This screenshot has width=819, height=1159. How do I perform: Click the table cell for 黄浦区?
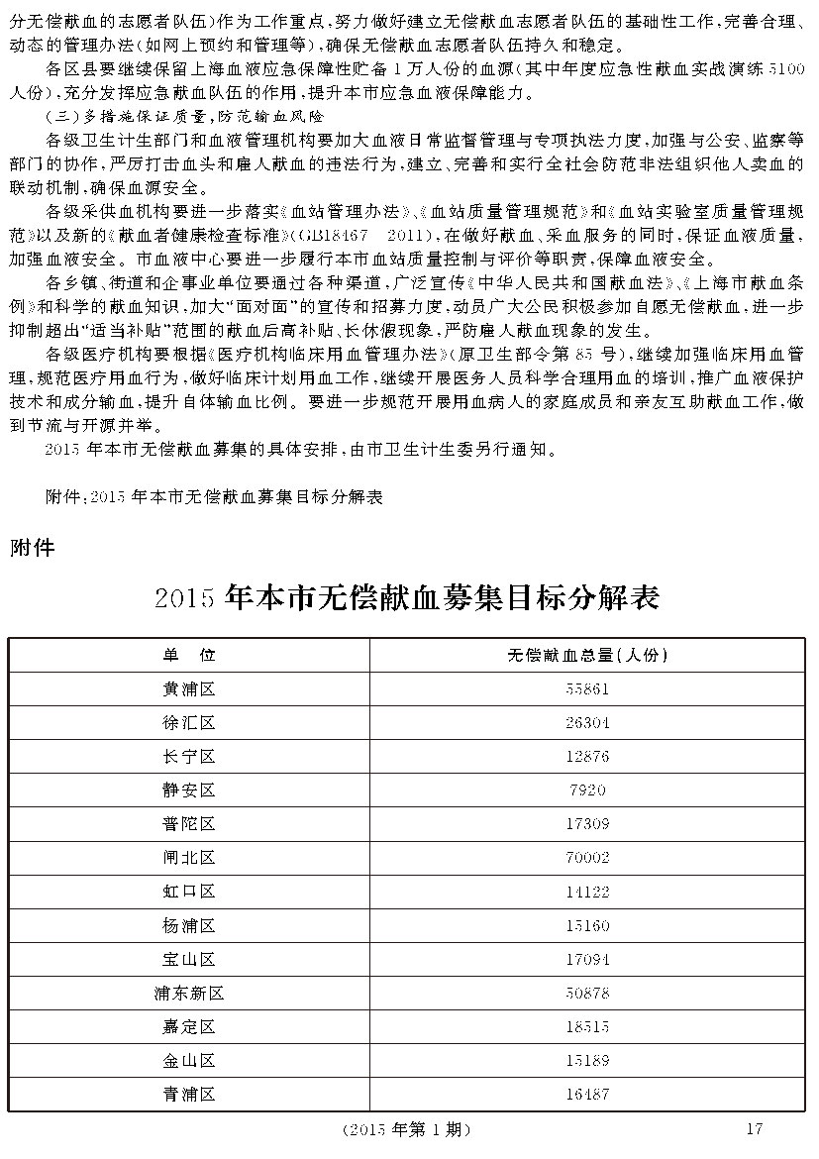click(188, 688)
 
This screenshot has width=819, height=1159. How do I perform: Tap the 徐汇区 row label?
click(188, 722)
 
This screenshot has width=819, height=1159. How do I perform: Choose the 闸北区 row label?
click(188, 858)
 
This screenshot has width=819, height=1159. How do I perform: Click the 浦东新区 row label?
click(188, 993)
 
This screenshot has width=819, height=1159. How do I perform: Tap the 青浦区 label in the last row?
click(188, 1095)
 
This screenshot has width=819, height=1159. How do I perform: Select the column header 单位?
click(188, 655)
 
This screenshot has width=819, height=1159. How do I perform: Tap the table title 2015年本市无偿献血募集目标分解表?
click(407, 598)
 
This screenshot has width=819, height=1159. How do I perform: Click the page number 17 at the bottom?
click(754, 1128)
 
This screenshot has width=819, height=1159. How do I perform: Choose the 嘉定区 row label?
click(188, 1027)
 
